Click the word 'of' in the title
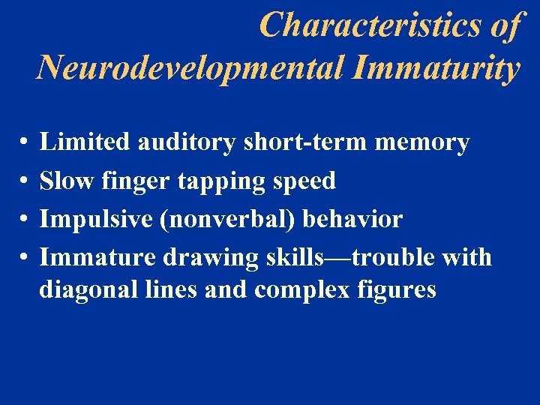(x=505, y=25)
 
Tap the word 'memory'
(x=423, y=142)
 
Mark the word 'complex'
(x=299, y=290)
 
